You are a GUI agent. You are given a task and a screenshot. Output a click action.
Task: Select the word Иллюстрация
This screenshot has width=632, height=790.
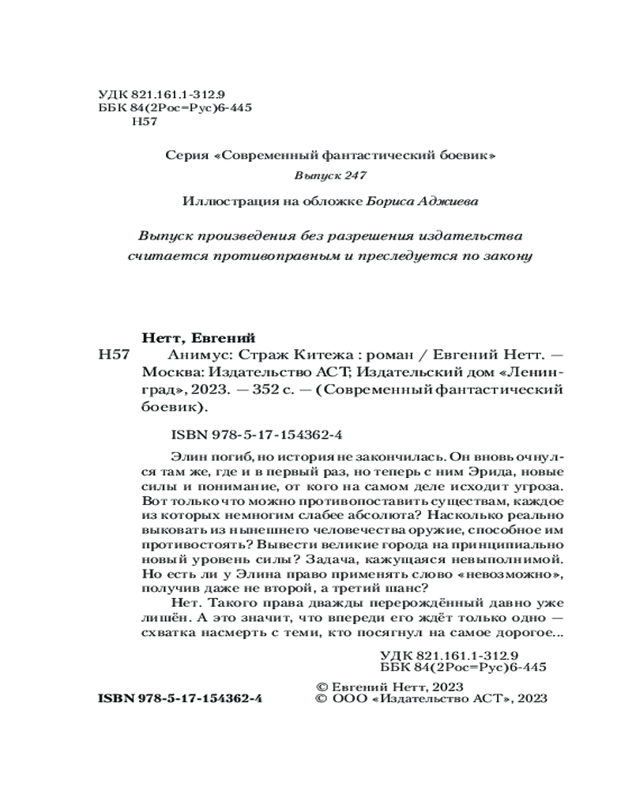pos(224,201)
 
